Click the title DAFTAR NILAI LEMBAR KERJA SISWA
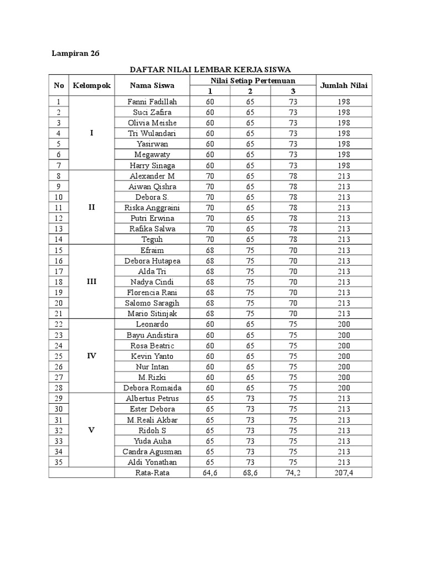coord(210,70)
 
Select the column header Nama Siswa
coord(152,85)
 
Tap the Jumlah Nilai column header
coord(344,85)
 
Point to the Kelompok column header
coord(92,85)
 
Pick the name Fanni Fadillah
coord(152,102)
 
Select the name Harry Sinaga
coord(152,166)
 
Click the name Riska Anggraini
coord(152,208)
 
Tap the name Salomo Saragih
coord(152,303)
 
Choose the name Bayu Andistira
coord(152,335)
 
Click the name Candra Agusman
coord(152,451)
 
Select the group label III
coord(92,282)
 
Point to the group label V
coord(92,430)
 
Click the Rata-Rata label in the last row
coord(152,473)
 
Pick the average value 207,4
coord(344,473)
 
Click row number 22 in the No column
coord(59,324)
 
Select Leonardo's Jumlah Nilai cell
coord(344,324)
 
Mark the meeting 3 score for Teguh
coord(293,239)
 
